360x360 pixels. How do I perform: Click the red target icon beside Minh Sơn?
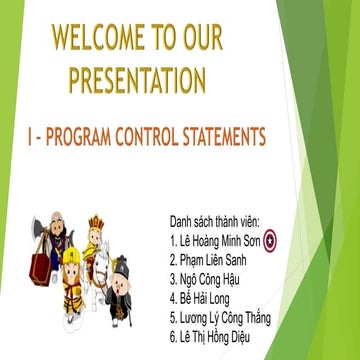(269, 238)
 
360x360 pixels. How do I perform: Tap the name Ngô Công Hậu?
(210, 279)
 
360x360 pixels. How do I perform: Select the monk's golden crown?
(96, 223)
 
